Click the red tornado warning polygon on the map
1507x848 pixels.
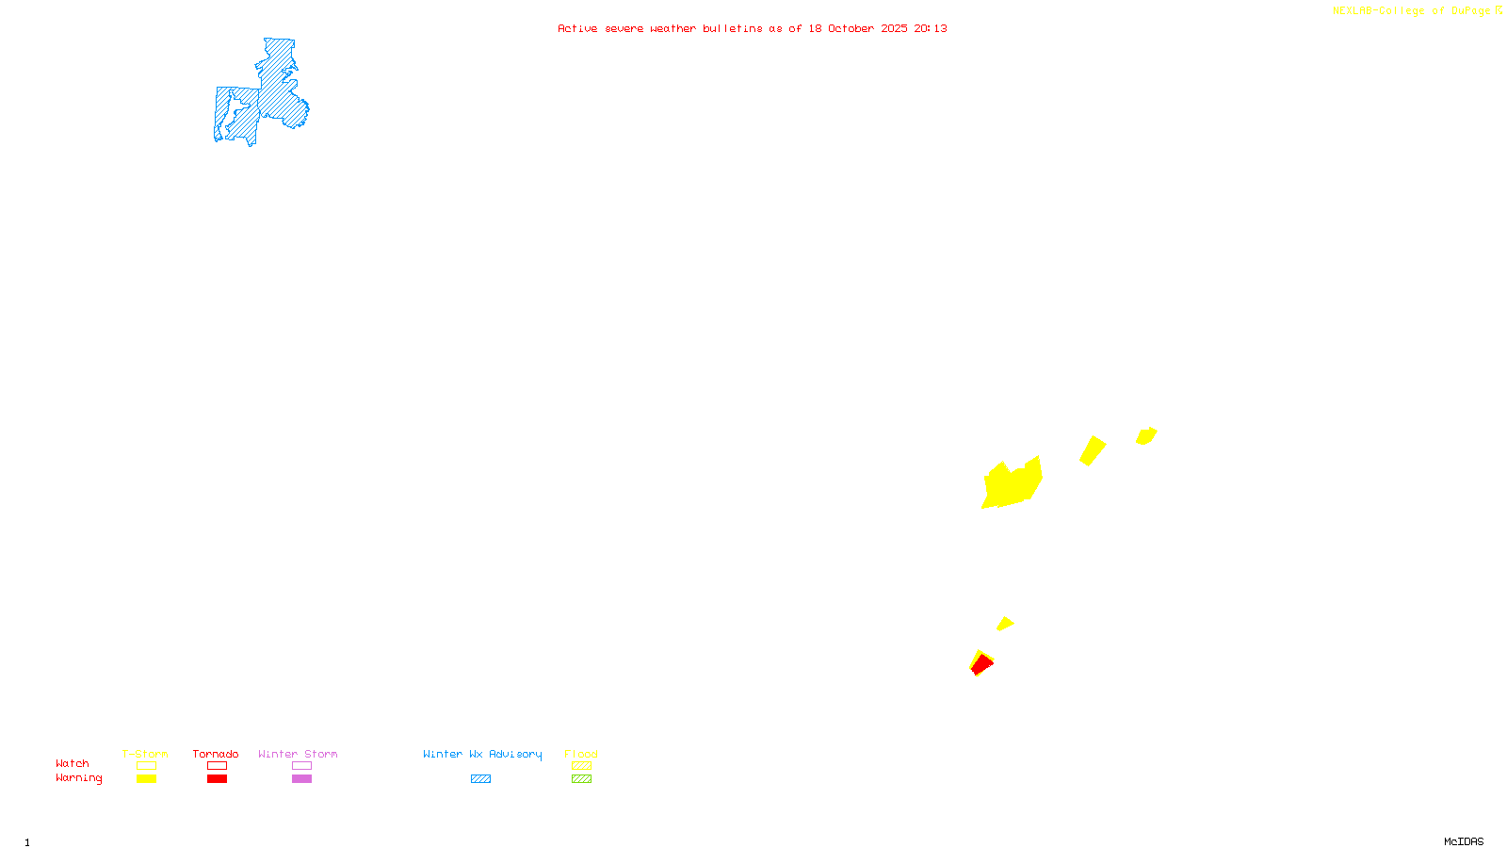click(x=981, y=665)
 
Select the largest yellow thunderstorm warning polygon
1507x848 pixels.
click(x=1012, y=484)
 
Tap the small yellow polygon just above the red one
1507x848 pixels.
click(x=1005, y=623)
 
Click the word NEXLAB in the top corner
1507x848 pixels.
click(x=1353, y=11)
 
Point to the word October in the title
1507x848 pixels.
click(x=851, y=28)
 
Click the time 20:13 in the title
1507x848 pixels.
click(x=931, y=28)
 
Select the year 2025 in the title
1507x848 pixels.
click(x=894, y=28)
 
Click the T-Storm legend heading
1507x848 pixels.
click(x=145, y=754)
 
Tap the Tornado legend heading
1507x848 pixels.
click(x=216, y=754)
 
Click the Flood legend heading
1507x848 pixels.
click(x=581, y=754)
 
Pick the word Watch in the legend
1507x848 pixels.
click(x=73, y=763)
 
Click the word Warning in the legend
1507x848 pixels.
click(x=79, y=778)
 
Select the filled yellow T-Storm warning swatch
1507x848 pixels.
click(x=146, y=779)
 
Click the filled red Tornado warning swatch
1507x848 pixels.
click(x=217, y=779)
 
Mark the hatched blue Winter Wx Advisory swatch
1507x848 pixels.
click(x=480, y=779)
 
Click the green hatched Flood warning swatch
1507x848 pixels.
click(x=581, y=779)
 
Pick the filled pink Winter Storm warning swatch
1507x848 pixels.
click(x=301, y=779)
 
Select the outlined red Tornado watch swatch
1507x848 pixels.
click(x=217, y=766)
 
